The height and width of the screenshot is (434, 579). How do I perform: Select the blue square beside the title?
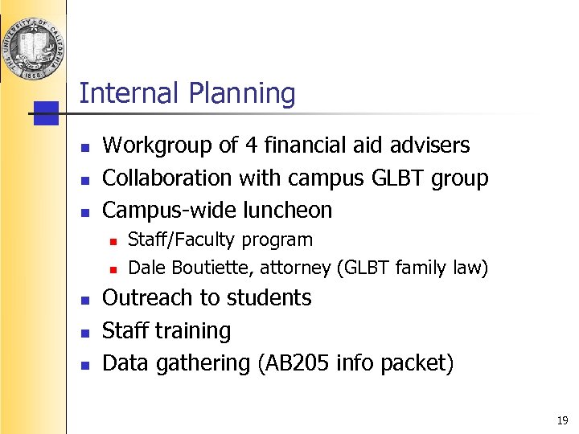(47, 113)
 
